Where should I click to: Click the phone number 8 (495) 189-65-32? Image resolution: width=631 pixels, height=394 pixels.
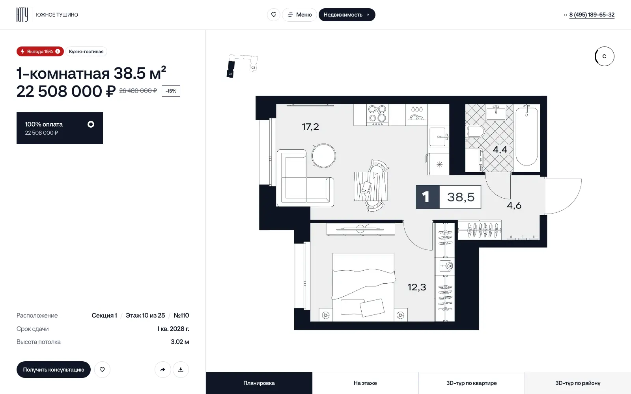click(592, 15)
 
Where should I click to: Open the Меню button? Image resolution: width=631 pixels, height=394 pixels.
click(299, 15)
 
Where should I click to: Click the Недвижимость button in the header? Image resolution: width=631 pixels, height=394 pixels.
click(347, 15)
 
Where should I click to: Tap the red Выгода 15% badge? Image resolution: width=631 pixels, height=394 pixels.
click(40, 52)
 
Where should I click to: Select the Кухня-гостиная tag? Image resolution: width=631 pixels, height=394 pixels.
click(86, 52)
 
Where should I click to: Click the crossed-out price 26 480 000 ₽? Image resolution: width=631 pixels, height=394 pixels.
click(138, 91)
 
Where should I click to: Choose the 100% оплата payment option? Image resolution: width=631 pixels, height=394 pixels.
click(60, 128)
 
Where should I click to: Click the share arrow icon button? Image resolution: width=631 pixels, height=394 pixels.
click(163, 370)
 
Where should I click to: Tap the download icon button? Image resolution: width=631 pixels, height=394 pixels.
click(181, 370)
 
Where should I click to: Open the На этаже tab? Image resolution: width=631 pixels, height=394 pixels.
click(365, 383)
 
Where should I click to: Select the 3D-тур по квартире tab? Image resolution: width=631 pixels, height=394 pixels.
click(472, 383)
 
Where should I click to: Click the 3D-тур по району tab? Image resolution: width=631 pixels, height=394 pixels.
click(578, 383)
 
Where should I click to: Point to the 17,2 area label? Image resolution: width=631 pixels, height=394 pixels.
click(310, 127)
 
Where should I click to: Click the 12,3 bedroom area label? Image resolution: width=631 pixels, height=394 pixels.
click(416, 287)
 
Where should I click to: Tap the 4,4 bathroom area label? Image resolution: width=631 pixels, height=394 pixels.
click(500, 149)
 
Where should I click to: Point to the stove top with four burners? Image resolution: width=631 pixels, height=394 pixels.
click(377, 115)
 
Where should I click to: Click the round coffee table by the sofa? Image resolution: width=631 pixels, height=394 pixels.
click(324, 156)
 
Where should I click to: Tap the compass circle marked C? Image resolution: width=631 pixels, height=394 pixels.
click(604, 56)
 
